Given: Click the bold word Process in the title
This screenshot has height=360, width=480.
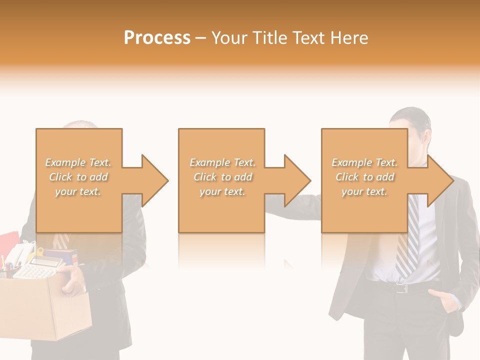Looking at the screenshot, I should point(157,37).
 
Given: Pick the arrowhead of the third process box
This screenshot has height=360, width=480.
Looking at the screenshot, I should point(439,180).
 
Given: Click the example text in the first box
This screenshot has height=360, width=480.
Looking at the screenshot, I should point(78,177).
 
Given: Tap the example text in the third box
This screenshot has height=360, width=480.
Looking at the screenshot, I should point(364,177).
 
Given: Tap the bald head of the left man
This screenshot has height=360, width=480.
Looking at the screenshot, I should point(82,124).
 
